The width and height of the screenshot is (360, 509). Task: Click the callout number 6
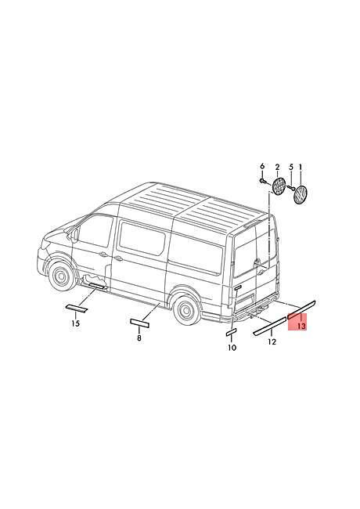262,167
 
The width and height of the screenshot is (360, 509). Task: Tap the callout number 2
277,167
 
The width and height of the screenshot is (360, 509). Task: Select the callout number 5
291,167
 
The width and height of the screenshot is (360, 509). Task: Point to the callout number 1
301,167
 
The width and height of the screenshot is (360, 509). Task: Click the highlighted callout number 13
301,326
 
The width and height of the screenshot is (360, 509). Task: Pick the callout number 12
272,341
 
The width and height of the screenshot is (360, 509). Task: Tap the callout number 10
232,348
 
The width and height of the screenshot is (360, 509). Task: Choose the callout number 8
139,338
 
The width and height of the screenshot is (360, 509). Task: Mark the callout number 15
75,323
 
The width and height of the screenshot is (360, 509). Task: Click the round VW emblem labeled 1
300,195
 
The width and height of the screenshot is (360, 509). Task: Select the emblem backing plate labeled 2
279,186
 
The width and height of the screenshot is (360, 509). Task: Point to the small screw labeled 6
262,180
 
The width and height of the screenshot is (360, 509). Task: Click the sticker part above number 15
77,309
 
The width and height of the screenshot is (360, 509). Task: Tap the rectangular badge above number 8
139,323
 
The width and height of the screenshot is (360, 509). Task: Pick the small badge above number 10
231,332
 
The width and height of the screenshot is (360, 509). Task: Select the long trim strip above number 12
269,327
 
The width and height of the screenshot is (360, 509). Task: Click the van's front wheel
61,276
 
